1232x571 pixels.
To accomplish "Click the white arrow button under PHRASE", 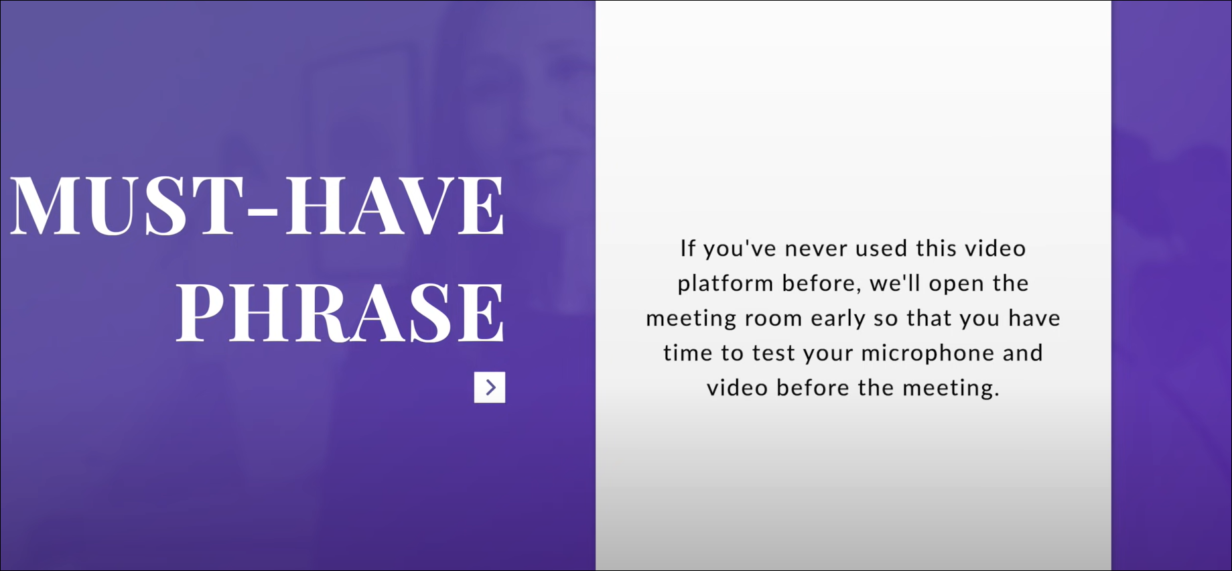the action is (x=490, y=387).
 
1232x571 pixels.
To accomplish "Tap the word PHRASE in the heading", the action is (x=340, y=313).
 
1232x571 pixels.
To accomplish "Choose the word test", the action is (x=774, y=353).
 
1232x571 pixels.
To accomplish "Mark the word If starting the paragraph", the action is (x=688, y=249).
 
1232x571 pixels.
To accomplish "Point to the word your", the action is (x=828, y=354).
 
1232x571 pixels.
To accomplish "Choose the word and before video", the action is (x=1023, y=353).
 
